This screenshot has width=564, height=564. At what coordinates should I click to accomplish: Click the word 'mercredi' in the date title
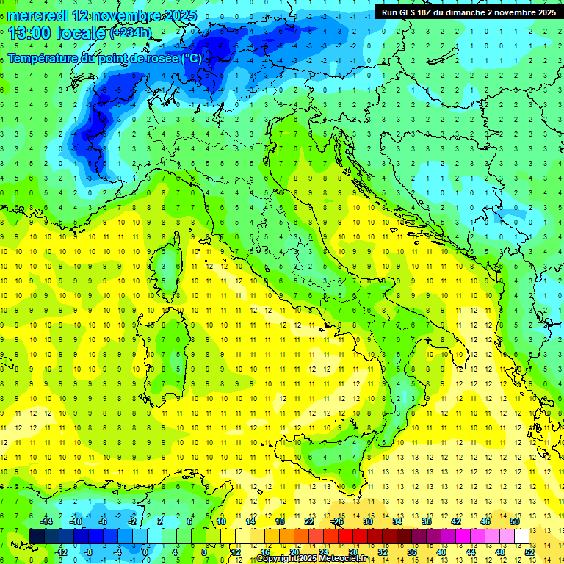pyautogui.click(x=37, y=15)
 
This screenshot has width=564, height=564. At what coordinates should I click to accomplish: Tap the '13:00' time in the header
pyautogui.click(x=29, y=33)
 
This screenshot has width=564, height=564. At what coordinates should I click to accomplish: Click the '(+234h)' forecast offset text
pyautogui.click(x=131, y=33)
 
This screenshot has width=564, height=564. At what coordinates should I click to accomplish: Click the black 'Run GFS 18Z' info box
pyautogui.click(x=469, y=12)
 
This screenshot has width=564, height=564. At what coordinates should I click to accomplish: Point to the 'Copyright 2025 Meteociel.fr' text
pyautogui.click(x=311, y=559)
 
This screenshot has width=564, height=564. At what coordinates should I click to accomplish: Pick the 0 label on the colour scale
pyautogui.click(x=145, y=552)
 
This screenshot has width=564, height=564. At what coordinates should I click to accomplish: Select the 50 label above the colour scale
pyautogui.click(x=514, y=521)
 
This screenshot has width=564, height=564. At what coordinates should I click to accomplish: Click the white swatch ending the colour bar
pyautogui.click(x=521, y=536)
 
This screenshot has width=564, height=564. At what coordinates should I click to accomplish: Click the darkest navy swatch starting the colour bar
pyautogui.click(x=37, y=536)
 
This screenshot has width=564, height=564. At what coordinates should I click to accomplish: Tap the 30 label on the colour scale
pyautogui.click(x=368, y=521)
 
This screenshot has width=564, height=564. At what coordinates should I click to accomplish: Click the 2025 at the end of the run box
pyautogui.click(x=544, y=12)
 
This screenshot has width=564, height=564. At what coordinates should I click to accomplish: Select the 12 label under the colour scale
pyautogui.click(x=236, y=552)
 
